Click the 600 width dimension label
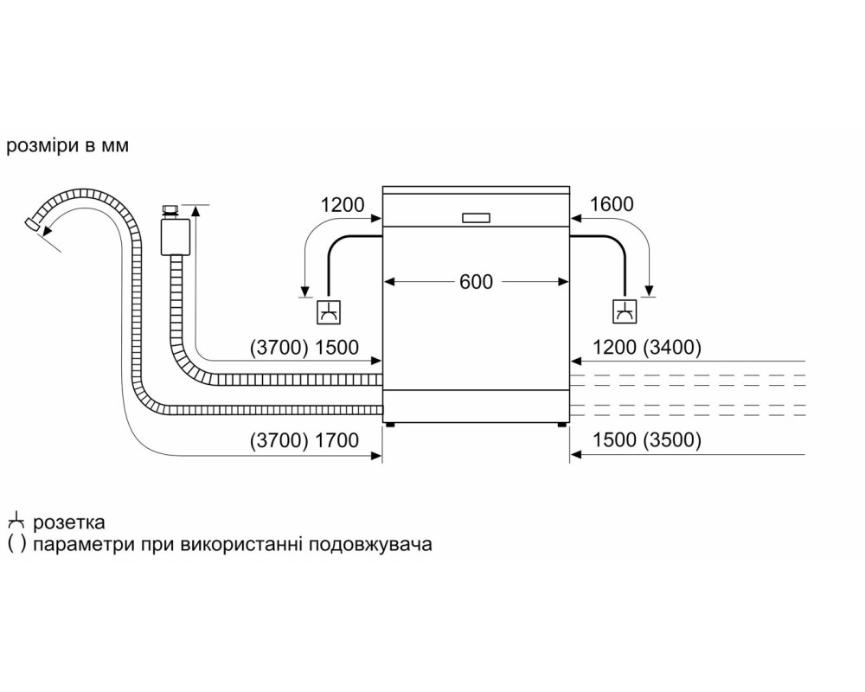(x=476, y=282)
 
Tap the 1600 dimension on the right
(x=612, y=204)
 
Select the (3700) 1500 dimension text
(x=304, y=347)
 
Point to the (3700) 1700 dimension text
(x=304, y=439)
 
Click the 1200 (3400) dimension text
(x=647, y=347)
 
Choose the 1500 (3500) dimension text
(x=647, y=439)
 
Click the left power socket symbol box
(x=329, y=311)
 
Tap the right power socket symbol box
(x=625, y=311)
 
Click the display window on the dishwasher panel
(x=476, y=218)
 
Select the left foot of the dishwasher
(x=391, y=426)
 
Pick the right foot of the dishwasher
(x=561, y=426)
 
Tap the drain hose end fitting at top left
(x=32, y=224)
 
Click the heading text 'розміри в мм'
(x=67, y=145)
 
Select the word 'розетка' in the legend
(x=69, y=522)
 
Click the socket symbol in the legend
(x=16, y=521)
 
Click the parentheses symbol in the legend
(x=16, y=545)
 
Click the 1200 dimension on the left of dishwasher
(x=343, y=205)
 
